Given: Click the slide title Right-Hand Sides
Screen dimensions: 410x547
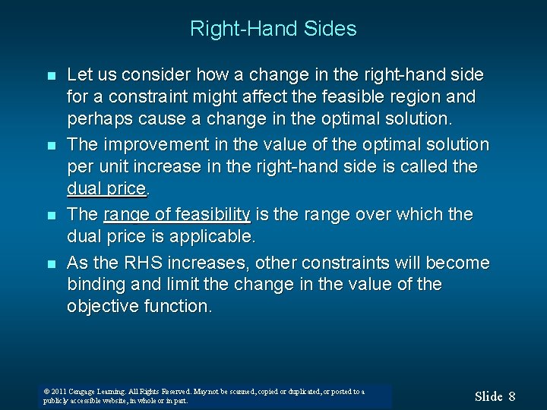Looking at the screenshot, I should pyautogui.click(x=273, y=30).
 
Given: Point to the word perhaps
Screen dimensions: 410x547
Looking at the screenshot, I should pyautogui.click(x=96, y=120).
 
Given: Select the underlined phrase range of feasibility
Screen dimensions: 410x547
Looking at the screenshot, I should pyautogui.click(x=175, y=215).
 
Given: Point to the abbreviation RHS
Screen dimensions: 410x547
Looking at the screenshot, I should pyautogui.click(x=141, y=263).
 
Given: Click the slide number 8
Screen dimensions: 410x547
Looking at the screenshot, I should pyautogui.click(x=512, y=396).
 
